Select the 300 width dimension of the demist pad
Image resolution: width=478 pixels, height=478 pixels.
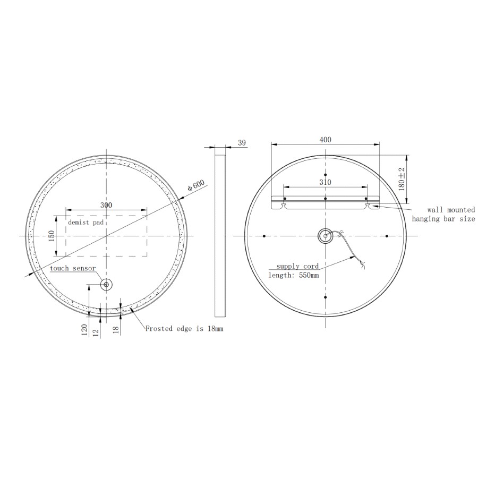point(106,205)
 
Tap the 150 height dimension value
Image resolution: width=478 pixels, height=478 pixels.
point(52,236)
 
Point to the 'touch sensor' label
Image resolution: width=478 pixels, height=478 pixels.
point(73,268)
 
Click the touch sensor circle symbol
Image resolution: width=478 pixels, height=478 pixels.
point(106,285)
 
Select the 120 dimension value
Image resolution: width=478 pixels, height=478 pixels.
point(84,330)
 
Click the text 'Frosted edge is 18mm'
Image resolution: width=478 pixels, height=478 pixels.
point(184,329)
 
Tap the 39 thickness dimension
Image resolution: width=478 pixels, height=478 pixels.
point(242,142)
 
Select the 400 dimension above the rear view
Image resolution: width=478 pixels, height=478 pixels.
point(326,139)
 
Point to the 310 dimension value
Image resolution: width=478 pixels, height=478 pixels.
point(325,182)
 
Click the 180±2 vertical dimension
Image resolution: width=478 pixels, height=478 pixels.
point(402,179)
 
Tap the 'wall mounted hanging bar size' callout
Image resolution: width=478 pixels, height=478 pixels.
point(443,215)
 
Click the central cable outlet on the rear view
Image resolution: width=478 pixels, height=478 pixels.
point(325,236)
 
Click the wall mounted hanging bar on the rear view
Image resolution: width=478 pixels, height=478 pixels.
point(326,200)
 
